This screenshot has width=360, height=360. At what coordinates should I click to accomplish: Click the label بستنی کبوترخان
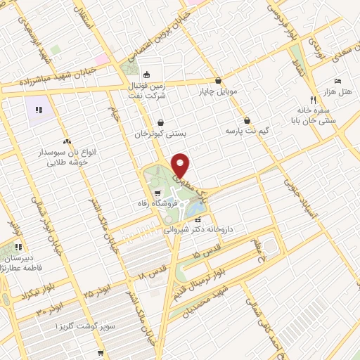(160, 133)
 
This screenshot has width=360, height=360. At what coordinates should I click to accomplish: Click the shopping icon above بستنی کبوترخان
(160, 121)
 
